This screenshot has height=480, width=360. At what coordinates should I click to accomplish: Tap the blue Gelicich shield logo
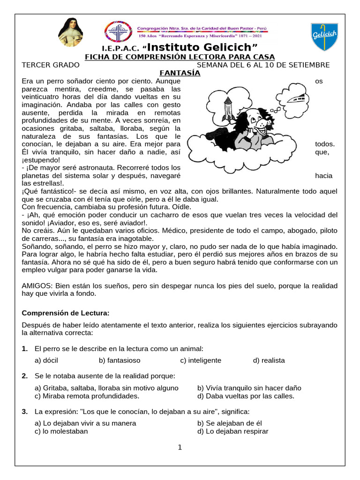[x=324, y=37]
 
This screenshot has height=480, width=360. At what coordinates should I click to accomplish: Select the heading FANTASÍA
[x=180, y=73]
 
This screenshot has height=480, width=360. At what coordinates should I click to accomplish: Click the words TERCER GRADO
[x=51, y=65]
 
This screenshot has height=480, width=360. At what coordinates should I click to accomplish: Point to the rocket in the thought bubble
[x=229, y=108]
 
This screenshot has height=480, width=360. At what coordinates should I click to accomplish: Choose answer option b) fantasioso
[x=120, y=360]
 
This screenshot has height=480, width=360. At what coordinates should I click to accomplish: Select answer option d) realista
[x=269, y=360]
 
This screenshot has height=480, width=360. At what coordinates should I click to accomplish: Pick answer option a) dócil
[x=46, y=360]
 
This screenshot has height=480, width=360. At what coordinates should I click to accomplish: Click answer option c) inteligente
[x=201, y=360]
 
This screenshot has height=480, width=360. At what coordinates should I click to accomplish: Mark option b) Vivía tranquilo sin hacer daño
[x=249, y=388]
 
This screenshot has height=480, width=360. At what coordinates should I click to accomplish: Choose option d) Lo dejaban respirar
[x=233, y=431]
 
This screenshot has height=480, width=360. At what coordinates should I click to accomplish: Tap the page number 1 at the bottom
[x=180, y=447]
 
